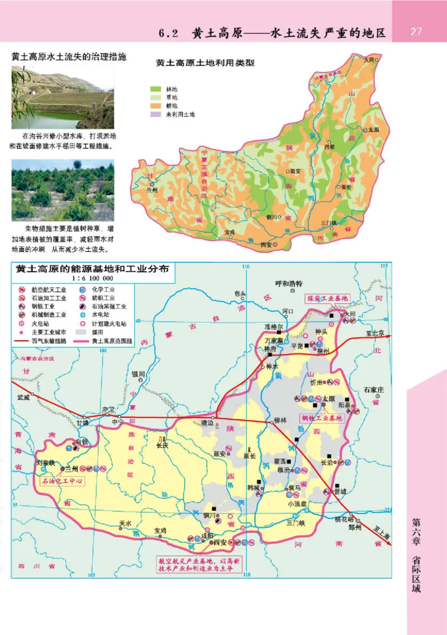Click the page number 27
click(x=416, y=31)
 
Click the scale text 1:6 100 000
click(x=92, y=278)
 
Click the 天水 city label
click(x=125, y=523)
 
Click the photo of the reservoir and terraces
click(x=63, y=98)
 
